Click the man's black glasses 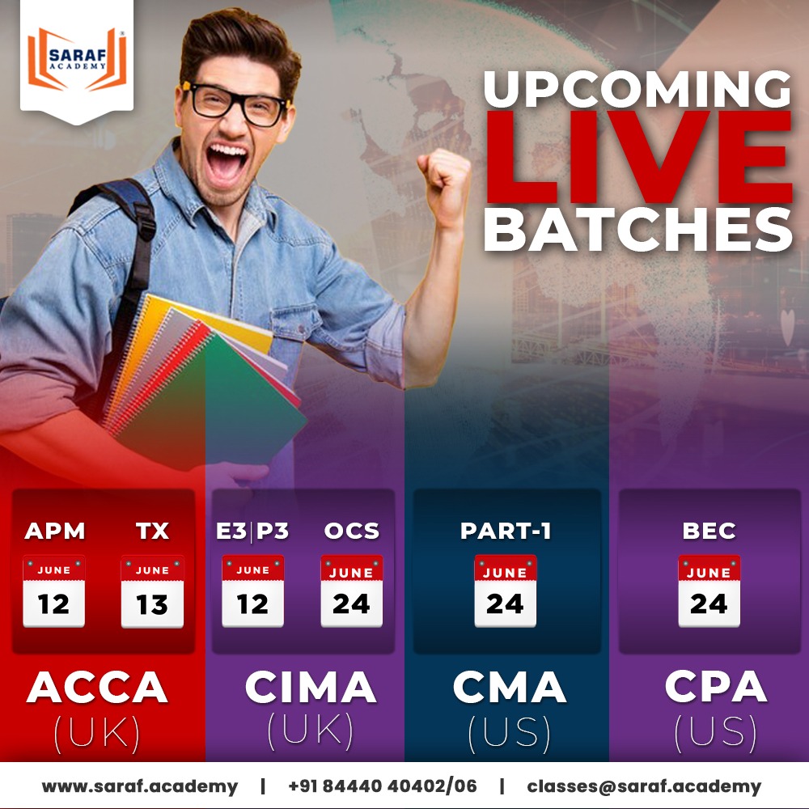tap(237, 103)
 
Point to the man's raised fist tap(447, 176)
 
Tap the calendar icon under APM tap(54, 591)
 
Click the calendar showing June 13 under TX tap(152, 591)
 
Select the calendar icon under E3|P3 tap(252, 591)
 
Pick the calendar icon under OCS tap(351, 591)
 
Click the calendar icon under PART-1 tap(506, 591)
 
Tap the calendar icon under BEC tap(709, 591)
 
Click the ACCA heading tap(97, 688)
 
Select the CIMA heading tap(311, 688)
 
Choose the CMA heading tap(509, 688)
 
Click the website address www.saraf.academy tap(140, 786)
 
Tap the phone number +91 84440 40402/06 tap(382, 786)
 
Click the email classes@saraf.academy tap(644, 786)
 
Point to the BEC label tap(709, 531)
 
